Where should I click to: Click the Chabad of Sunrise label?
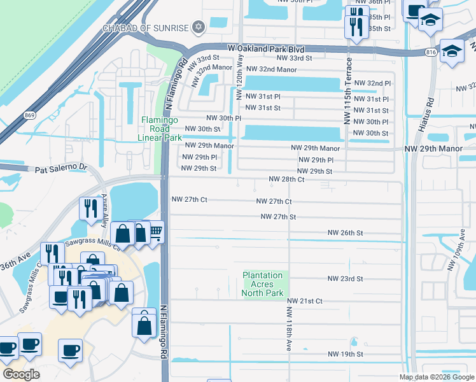pos(146,27)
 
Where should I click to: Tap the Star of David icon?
pos(199,27)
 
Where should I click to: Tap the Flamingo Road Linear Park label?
pos(160,129)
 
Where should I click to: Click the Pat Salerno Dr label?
pos(60,169)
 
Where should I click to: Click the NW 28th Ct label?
pos(286,180)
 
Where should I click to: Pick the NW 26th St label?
pos(346,233)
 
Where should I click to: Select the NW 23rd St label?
pos(346,279)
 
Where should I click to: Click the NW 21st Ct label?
pos(305,301)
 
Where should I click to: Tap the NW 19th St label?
pos(346,354)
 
